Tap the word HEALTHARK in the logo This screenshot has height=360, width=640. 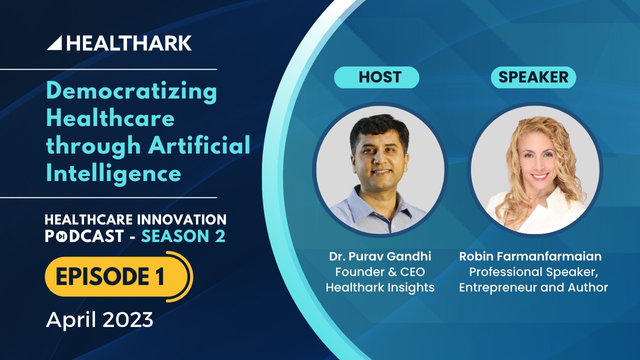point(129,43)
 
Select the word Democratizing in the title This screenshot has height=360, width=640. point(131,92)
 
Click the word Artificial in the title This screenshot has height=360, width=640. point(199,145)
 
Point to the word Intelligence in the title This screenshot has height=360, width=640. point(113,173)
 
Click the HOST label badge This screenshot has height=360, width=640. point(376,77)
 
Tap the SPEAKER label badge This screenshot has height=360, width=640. point(533,77)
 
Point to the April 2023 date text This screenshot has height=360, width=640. point(99,319)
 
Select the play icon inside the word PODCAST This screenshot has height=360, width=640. point(61,236)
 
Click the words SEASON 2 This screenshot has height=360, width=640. point(183,236)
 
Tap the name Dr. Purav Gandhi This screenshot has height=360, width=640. point(380,256)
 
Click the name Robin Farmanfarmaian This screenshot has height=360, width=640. point(530,256)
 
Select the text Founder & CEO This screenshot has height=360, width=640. point(380,271)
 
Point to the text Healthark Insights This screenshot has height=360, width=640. point(380,287)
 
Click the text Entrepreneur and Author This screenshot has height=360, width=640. point(533,287)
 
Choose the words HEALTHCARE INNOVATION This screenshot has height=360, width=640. point(135,219)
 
